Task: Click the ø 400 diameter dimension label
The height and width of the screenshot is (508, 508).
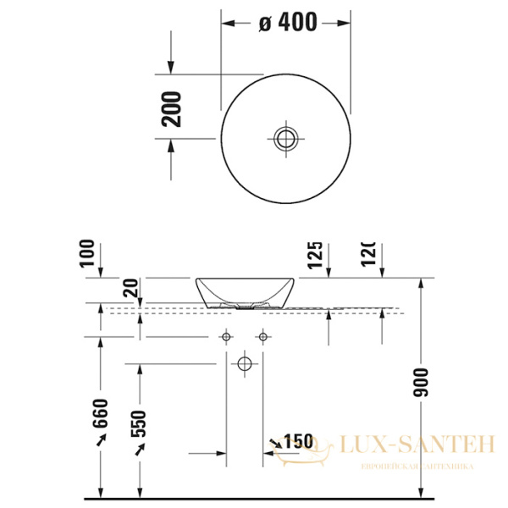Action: [288, 23]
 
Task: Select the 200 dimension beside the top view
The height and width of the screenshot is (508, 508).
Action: [172, 108]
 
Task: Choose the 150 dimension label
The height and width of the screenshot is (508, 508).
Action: [298, 441]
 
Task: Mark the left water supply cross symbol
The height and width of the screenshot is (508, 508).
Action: [226, 337]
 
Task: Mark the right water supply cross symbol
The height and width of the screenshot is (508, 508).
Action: [263, 337]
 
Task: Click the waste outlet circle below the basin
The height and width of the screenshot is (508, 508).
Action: [245, 364]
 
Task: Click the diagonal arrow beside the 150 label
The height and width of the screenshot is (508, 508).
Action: [277, 442]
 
